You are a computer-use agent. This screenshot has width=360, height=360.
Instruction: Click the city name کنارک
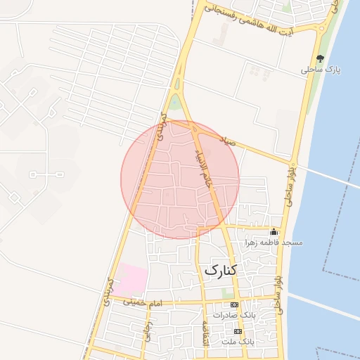coord(221,270)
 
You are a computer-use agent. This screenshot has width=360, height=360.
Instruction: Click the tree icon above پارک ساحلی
coord(321,58)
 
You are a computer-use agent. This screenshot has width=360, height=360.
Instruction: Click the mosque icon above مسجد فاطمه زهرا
coord(274,232)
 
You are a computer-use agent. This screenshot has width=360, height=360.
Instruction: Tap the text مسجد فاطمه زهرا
coord(274,243)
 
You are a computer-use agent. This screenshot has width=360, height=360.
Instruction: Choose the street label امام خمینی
coord(143,302)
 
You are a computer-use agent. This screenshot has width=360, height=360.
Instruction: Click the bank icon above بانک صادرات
coord(234,304)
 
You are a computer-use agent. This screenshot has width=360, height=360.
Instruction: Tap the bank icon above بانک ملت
coord(238,330)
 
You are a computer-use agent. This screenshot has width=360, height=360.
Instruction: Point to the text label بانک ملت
coord(237,341)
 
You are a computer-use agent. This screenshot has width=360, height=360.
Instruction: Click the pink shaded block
coord(131,280)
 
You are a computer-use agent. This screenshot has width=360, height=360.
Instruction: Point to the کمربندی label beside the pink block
coord(108,290)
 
